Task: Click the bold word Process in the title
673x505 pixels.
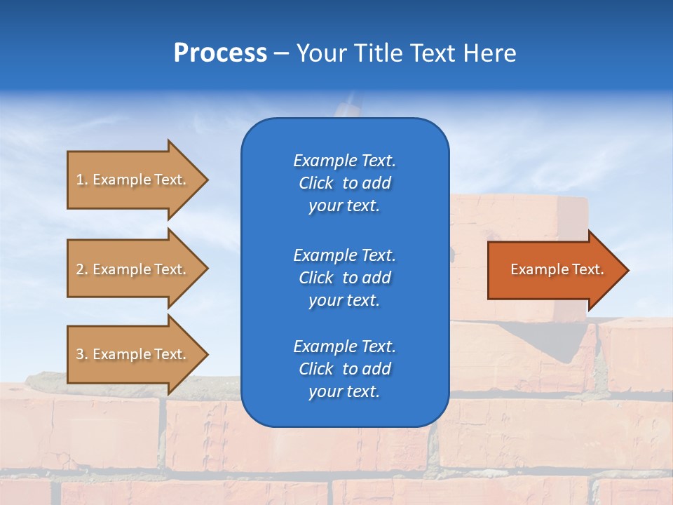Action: [220, 53]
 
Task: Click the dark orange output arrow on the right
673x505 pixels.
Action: [554, 269]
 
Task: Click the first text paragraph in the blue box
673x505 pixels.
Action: [344, 183]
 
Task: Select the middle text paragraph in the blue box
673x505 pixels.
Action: [344, 277]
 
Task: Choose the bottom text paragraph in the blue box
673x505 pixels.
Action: [344, 369]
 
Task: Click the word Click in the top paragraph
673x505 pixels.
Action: [315, 183]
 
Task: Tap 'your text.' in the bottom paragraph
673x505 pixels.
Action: [344, 391]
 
